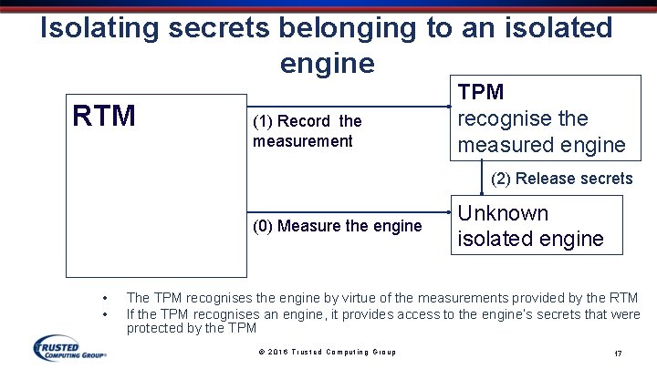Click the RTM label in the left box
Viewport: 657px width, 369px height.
105,117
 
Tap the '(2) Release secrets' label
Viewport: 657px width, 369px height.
561,179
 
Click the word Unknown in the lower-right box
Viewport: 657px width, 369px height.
503,213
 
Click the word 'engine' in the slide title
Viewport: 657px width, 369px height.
328,63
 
